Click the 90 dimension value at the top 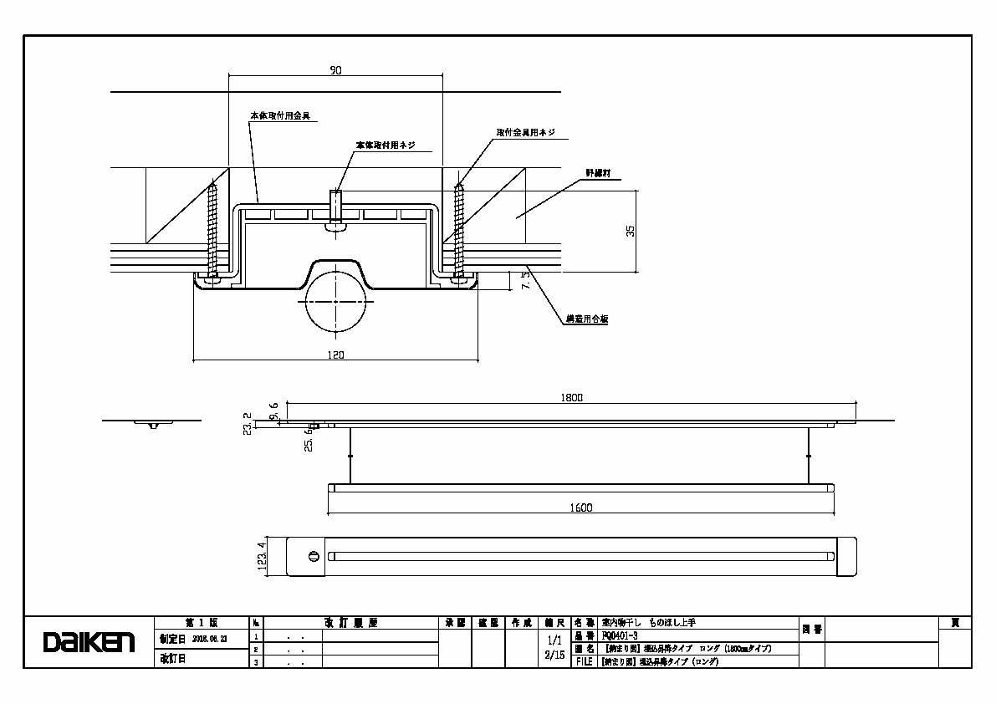336,71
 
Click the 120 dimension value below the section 337,355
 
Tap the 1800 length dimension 572,398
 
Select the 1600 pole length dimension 582,508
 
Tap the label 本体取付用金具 280,115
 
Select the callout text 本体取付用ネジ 386,145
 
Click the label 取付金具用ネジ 525,133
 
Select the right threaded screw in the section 458,226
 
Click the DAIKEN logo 89,642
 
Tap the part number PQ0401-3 619,636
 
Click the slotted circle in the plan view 314,556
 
